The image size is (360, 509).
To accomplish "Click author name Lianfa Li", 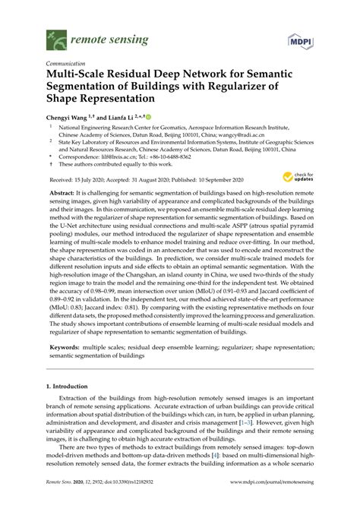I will point(122,118).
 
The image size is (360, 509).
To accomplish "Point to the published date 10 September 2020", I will point(219,179).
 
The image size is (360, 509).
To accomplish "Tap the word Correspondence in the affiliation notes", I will point(81,154).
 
